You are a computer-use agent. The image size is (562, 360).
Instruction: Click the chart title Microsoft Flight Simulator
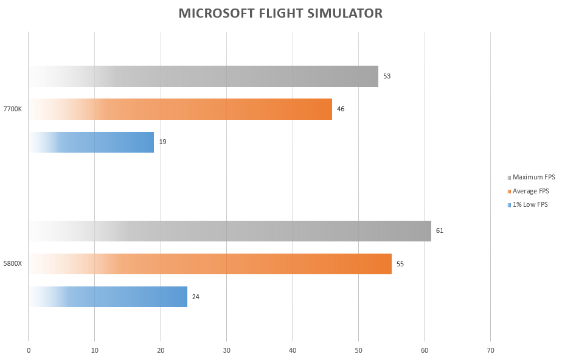coord(280,13)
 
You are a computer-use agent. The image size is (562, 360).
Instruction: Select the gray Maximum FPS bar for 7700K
coord(204,76)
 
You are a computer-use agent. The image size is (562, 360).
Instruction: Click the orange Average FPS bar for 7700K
coord(181,109)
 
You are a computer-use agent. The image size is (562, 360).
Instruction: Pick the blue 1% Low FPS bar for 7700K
coord(91,142)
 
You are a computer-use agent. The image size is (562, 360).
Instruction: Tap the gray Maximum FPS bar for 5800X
coord(230,231)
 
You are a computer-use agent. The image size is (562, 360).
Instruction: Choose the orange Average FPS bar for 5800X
coord(210,264)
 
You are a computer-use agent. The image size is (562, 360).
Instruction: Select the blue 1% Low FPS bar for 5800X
coord(108,297)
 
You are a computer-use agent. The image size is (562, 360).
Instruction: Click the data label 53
coord(387,76)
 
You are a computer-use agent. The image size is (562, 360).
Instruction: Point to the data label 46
coord(341,109)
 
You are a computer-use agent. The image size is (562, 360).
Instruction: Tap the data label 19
coord(162,142)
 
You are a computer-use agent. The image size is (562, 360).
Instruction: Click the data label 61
coord(439,230)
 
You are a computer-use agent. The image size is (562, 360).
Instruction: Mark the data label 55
coord(400,264)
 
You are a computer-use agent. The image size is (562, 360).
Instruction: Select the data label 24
coord(195,297)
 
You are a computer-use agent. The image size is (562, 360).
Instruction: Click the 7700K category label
coord(13,109)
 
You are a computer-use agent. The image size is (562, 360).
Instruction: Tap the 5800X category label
coord(13,264)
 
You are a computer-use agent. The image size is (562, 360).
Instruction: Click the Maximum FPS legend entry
coord(531,178)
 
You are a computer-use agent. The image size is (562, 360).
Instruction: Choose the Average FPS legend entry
coord(529,192)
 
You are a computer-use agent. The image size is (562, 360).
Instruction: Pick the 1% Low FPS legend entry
coord(527,205)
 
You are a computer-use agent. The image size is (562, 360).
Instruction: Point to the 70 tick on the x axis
coord(490,351)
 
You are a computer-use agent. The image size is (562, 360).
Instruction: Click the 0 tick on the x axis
coord(29,351)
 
